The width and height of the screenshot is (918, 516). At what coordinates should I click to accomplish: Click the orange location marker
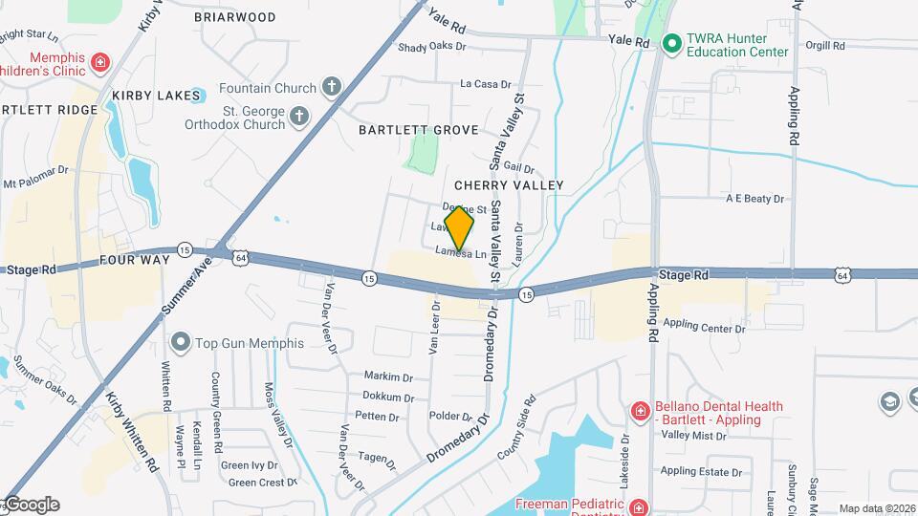pyautogui.click(x=459, y=228)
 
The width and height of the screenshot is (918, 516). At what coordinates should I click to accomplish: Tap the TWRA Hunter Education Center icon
pyautogui.click(x=671, y=43)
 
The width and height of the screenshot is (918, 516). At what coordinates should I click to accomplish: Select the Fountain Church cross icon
pyautogui.click(x=331, y=88)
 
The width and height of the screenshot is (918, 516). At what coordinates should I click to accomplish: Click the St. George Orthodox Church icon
pyautogui.click(x=298, y=118)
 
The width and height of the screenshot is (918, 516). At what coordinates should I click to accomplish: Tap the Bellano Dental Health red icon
pyautogui.click(x=639, y=412)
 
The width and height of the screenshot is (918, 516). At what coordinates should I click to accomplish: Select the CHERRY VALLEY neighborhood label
pyautogui.click(x=509, y=184)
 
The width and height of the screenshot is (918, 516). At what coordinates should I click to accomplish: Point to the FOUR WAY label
pyautogui.click(x=135, y=259)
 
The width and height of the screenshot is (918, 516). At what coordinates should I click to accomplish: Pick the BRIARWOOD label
pyautogui.click(x=234, y=17)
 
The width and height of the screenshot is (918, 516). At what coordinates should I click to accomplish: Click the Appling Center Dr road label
pyautogui.click(x=703, y=328)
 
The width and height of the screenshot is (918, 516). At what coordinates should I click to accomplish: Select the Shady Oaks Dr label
pyautogui.click(x=431, y=46)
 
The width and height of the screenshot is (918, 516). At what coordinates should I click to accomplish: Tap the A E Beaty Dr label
pyautogui.click(x=754, y=199)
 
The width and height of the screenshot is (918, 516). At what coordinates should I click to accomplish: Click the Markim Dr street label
pyautogui.click(x=388, y=376)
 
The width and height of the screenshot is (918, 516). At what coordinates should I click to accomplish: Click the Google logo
pyautogui.click(x=31, y=505)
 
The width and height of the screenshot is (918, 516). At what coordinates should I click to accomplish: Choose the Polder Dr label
pyautogui.click(x=450, y=417)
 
